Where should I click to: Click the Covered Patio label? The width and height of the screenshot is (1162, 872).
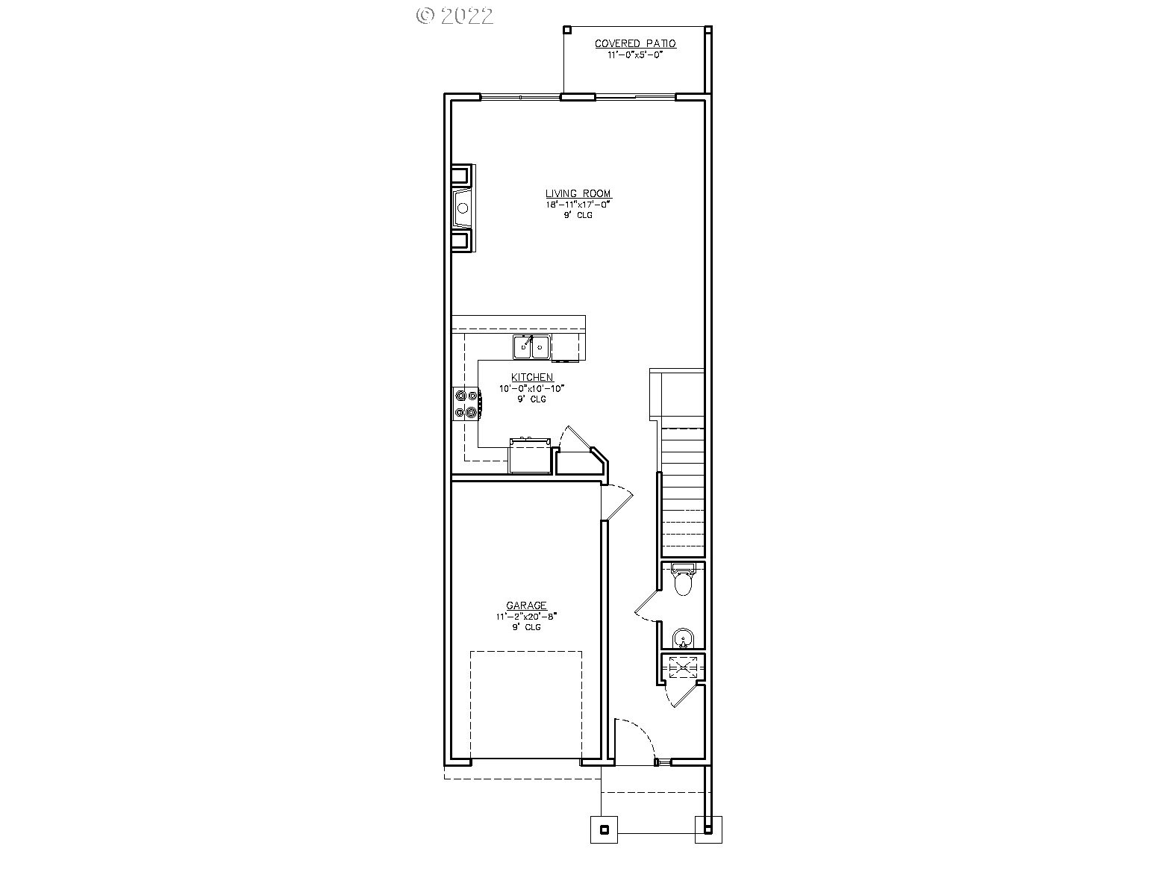click(635, 44)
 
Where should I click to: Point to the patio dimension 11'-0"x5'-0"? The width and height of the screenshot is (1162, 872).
click(635, 54)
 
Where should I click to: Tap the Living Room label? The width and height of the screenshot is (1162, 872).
click(578, 194)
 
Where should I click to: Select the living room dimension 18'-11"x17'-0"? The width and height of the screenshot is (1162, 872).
click(578, 204)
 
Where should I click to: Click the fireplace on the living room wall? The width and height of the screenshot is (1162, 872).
click(463, 208)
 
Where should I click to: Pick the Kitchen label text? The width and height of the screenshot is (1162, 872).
click(532, 378)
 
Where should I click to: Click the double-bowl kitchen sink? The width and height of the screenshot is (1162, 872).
click(532, 347)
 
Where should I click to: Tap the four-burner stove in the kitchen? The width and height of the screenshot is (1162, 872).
click(467, 403)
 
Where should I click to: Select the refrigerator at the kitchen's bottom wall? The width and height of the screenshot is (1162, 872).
click(530, 456)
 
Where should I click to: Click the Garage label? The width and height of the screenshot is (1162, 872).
click(526, 606)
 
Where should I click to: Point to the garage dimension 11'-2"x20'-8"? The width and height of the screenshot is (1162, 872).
click(526, 617)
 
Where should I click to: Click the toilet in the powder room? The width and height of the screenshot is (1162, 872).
click(683, 581)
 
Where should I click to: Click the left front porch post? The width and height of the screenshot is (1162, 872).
click(605, 829)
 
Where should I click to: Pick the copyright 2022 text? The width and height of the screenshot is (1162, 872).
click(455, 16)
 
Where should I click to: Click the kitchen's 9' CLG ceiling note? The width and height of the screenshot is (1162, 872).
click(532, 399)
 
